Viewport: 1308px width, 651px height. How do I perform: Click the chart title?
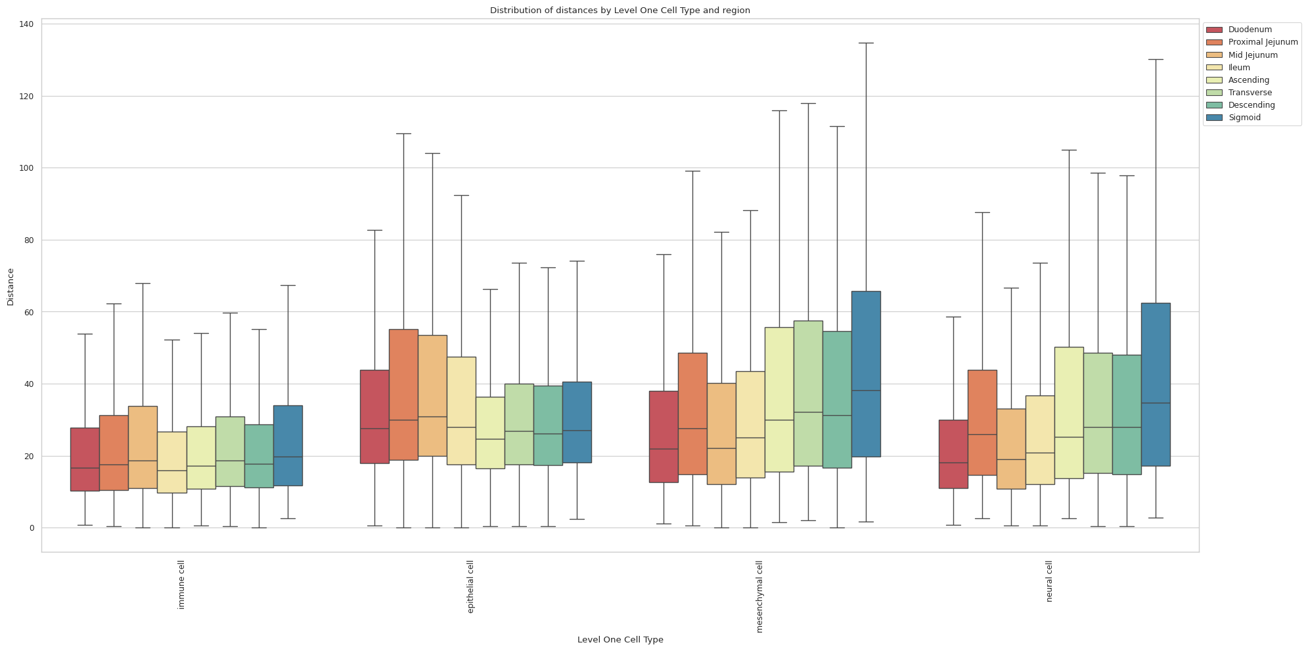(620, 11)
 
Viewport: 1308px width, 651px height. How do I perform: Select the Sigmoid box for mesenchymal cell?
(866, 374)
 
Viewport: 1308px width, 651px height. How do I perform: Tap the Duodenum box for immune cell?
(85, 459)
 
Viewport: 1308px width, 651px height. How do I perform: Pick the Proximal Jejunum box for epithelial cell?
(403, 394)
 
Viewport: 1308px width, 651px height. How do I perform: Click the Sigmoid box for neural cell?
(1156, 384)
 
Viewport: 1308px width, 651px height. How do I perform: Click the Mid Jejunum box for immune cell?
(143, 447)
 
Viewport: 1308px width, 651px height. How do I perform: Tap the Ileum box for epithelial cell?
(461, 411)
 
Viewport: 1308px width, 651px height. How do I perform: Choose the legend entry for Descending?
(1251, 105)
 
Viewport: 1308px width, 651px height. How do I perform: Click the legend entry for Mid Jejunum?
(1252, 55)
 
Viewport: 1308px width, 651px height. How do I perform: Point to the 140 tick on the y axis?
(26, 24)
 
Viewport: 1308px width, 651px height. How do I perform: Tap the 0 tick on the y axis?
(30, 528)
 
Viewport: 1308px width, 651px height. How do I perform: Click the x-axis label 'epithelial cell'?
(470, 587)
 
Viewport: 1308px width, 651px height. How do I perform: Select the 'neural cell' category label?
(1049, 581)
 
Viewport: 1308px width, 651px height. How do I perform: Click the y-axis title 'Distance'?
(11, 286)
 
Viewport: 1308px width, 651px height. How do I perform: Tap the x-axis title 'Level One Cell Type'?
(620, 640)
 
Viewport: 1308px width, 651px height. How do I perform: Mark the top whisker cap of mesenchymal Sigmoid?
(866, 43)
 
